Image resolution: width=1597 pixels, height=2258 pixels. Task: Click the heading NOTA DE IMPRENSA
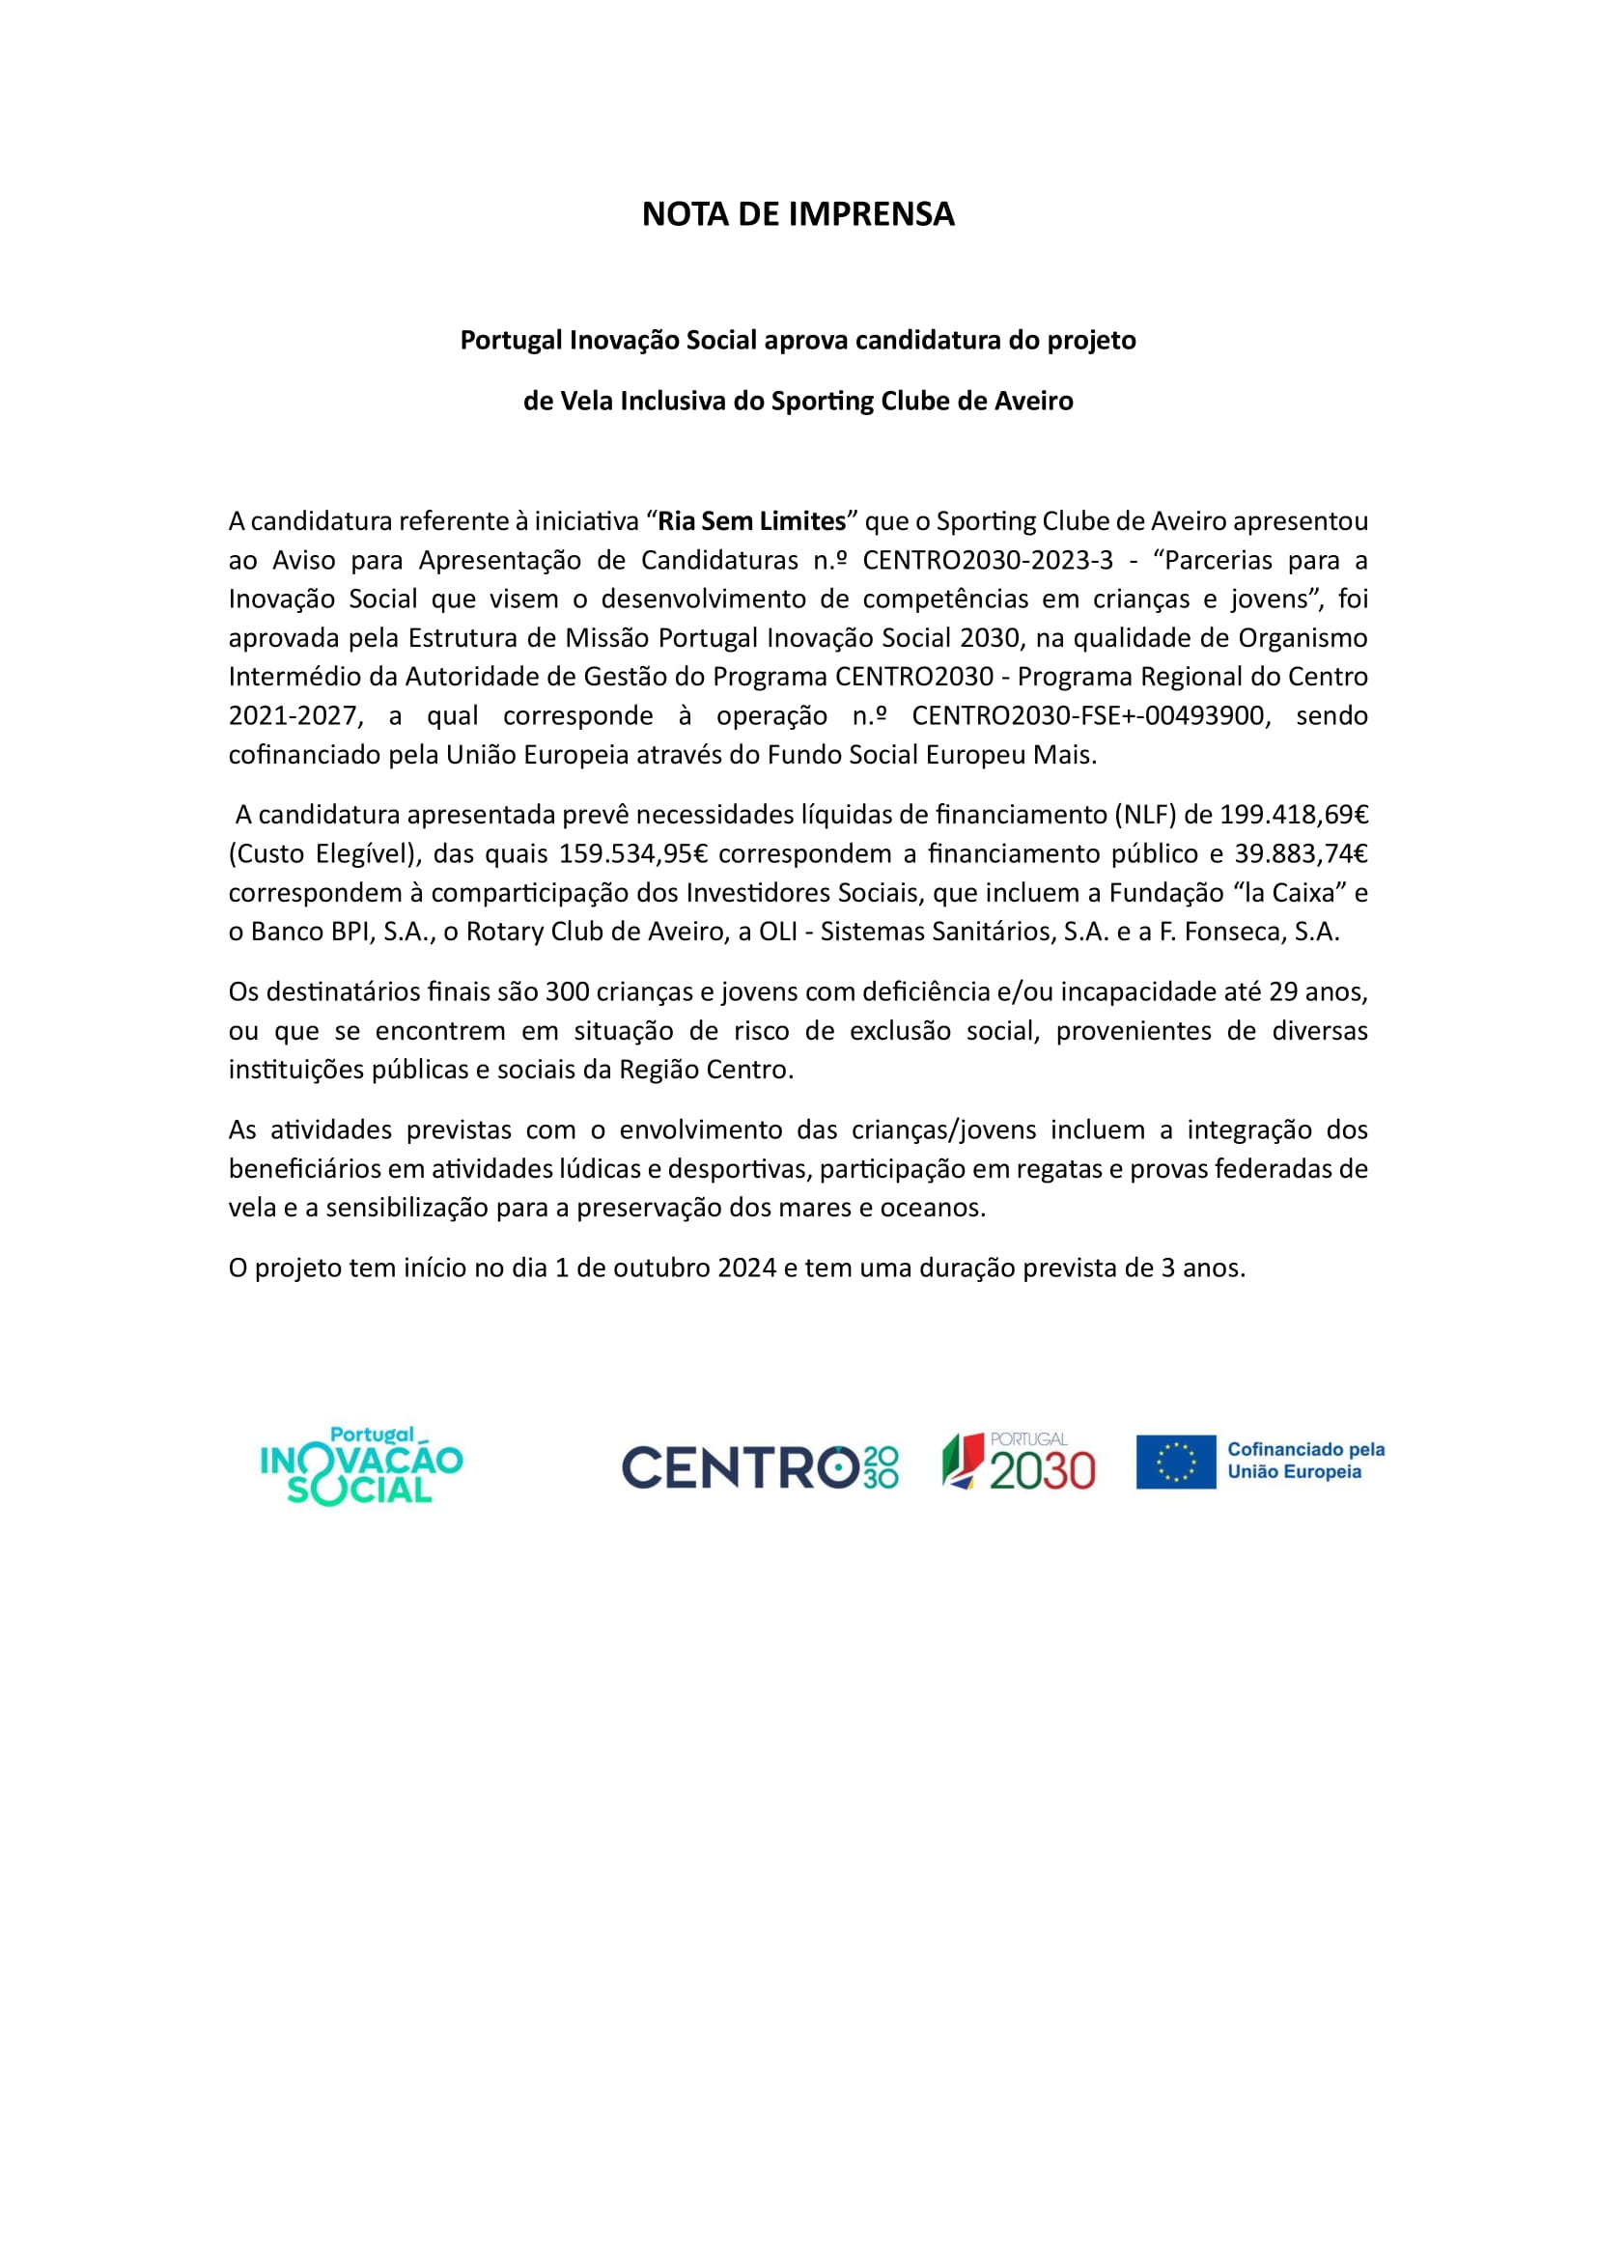[798, 214]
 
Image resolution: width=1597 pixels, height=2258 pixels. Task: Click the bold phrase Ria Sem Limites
[751, 520]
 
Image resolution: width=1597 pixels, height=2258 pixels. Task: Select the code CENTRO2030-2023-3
[988, 560]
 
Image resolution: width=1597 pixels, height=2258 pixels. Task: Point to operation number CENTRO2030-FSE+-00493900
[1087, 715]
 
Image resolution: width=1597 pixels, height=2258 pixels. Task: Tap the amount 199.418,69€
[1294, 815]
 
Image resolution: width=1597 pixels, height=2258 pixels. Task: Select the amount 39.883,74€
[1300, 853]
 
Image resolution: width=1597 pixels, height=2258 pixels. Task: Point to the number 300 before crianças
[568, 991]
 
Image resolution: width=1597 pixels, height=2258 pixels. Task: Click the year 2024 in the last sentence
[746, 1268]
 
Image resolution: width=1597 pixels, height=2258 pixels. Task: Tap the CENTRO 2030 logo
[759, 1467]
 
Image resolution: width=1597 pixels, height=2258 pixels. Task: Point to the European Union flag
[1175, 1462]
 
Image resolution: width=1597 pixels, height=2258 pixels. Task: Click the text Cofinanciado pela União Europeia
[1305, 1461]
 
